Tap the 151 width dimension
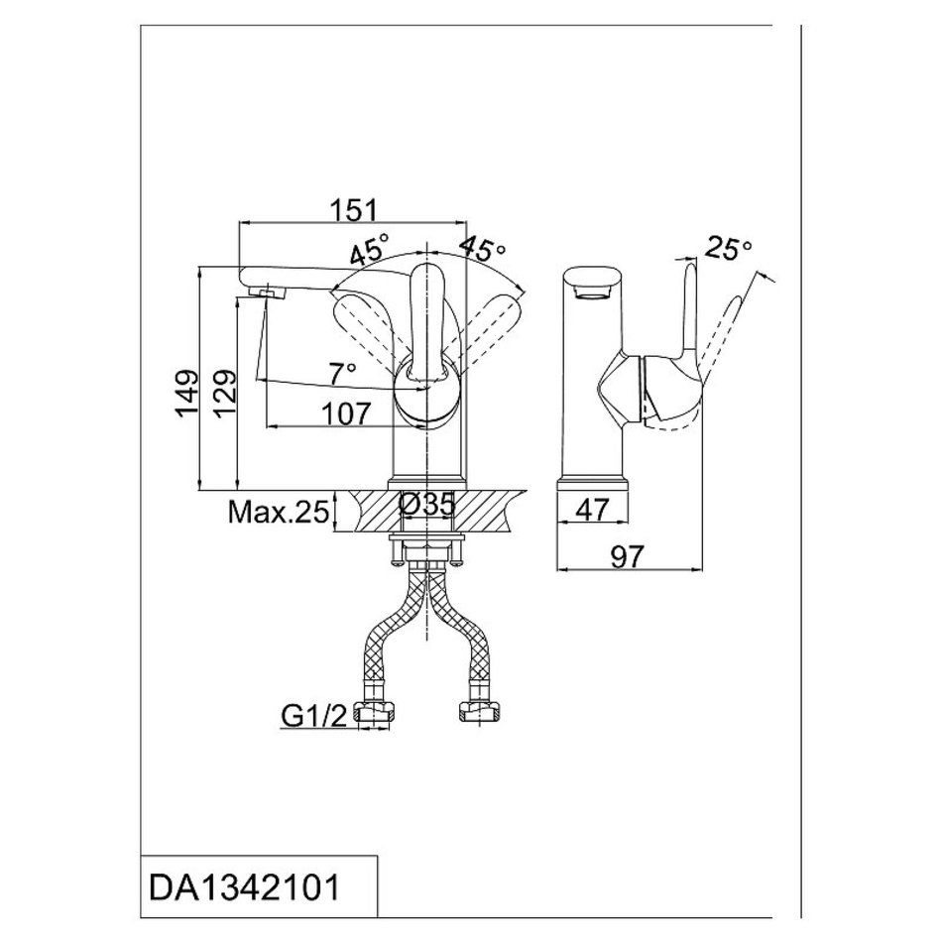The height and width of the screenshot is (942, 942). tap(353, 210)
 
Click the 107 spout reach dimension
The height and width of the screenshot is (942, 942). tap(342, 412)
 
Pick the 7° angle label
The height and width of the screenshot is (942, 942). tap(343, 373)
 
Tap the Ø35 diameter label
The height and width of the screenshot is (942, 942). tap(427, 505)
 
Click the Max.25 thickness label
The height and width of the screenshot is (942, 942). tap(278, 512)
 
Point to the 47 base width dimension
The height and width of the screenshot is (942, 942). tap(592, 510)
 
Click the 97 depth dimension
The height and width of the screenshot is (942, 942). tap(627, 556)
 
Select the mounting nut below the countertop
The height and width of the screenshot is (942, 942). tap(427, 549)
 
